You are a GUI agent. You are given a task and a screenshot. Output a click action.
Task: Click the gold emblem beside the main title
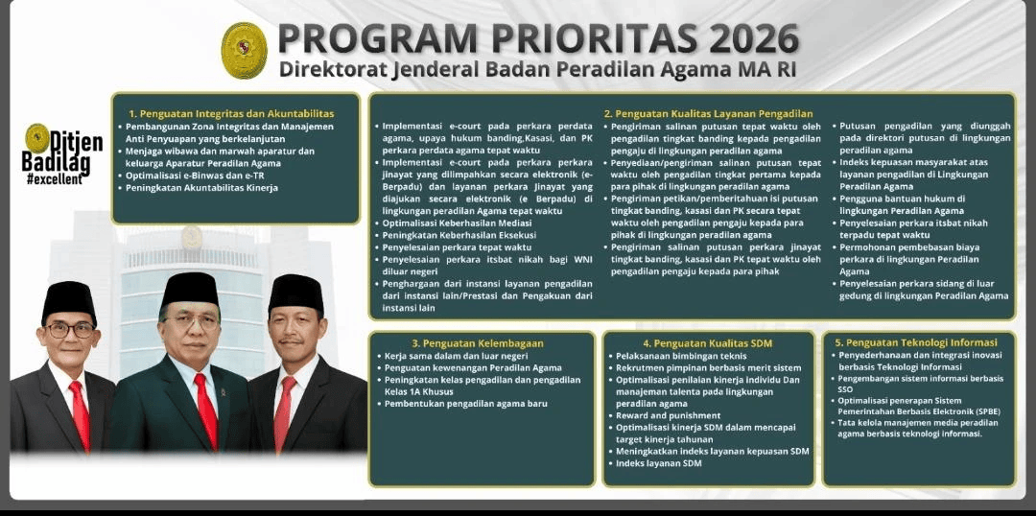[x=244, y=50]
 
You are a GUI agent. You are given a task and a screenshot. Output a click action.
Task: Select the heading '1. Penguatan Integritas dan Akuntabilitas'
[x=231, y=113]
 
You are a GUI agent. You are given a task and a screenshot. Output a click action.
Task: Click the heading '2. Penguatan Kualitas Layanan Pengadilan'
[x=708, y=113]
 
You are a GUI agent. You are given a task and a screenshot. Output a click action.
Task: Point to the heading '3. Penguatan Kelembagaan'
[x=478, y=342]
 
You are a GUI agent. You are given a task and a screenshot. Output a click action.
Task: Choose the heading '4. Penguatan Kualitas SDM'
[x=707, y=342]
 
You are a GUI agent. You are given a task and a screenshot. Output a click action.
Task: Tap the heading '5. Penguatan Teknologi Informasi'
[x=917, y=341]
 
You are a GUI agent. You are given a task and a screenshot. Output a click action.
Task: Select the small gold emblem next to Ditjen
[x=36, y=137]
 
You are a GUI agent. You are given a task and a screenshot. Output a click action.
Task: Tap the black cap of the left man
[x=69, y=300]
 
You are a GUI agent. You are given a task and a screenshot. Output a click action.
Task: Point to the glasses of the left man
[x=70, y=329]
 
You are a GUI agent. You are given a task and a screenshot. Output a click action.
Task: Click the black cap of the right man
[x=295, y=293]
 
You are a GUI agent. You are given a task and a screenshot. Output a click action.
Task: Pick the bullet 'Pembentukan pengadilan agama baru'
[x=466, y=404]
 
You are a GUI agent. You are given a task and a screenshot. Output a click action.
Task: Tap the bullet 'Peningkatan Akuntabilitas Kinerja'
[x=201, y=187]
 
